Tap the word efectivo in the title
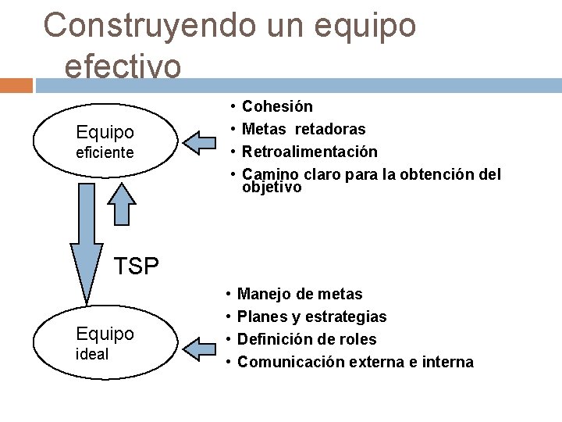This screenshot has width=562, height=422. pos(123,65)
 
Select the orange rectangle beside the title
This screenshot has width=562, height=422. pos(16,85)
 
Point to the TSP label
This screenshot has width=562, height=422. pos(137,266)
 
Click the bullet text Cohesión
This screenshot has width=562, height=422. pos(277,106)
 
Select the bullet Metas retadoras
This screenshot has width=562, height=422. pos(304,129)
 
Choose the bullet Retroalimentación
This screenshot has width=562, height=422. pos(310,152)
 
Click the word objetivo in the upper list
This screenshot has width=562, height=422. pos(271,188)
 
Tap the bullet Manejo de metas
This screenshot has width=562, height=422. pos(300,295)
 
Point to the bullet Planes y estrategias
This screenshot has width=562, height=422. pos(311,317)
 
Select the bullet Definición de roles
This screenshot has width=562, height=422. pos(306,340)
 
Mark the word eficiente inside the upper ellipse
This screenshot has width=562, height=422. pos(105,152)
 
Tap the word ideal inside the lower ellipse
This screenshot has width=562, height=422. pos(92,354)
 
